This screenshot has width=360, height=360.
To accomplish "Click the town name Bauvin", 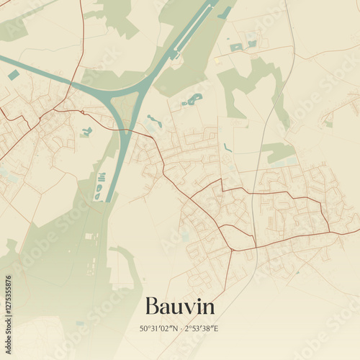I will [x=179, y=306].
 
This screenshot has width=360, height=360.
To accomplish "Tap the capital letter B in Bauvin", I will [x=152, y=306].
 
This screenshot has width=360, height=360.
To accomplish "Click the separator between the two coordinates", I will [x=180, y=329].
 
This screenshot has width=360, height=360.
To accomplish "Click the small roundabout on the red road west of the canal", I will [x=84, y=112].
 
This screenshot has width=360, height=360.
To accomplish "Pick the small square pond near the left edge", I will [x=14, y=75].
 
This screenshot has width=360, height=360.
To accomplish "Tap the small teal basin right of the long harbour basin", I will [x=225, y=13].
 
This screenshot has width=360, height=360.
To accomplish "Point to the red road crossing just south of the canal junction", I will [x=125, y=132].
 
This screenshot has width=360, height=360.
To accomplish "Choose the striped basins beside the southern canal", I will [x=100, y=178].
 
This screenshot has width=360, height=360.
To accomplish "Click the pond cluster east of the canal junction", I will [x=193, y=99].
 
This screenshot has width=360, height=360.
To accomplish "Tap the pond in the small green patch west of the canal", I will [x=87, y=132].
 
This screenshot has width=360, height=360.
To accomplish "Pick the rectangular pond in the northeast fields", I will [x=236, y=48].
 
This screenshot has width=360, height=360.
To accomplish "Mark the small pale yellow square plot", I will [x=217, y=60].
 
